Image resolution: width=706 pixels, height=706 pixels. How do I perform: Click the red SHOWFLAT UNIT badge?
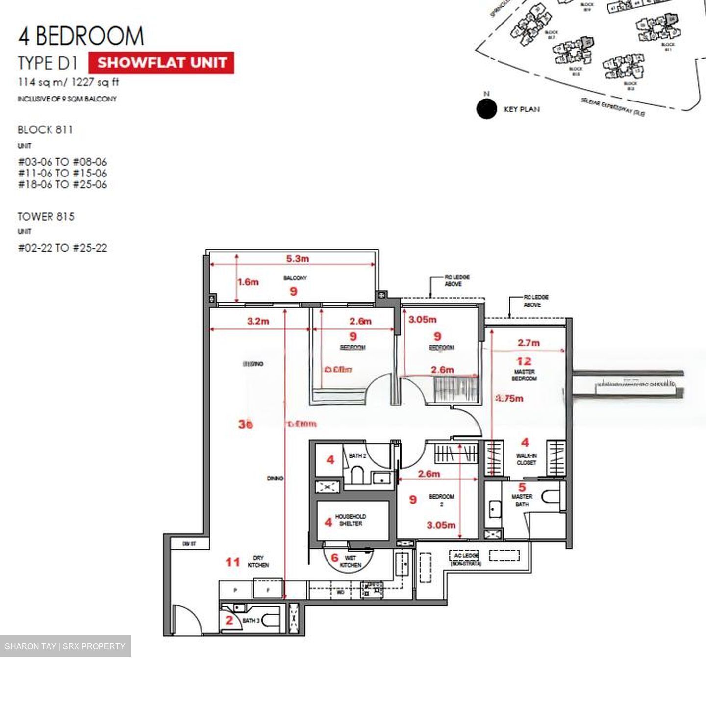161,63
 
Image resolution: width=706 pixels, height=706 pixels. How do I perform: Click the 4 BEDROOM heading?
81,36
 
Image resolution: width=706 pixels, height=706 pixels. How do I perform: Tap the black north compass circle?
486,109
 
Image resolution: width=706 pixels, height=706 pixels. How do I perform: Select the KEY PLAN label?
522,109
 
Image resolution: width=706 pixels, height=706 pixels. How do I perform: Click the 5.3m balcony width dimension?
298,258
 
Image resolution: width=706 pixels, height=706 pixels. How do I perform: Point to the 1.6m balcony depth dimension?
248,282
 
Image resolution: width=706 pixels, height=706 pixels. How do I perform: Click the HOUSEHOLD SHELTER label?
350,520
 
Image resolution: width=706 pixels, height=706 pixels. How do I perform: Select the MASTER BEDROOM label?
524,375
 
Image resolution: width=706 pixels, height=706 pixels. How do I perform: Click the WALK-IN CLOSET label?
526,459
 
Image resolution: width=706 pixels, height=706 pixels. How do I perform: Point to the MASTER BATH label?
522,500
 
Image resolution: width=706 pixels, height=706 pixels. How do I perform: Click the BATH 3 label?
251,620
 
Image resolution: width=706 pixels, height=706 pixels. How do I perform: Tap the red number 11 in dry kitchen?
232,562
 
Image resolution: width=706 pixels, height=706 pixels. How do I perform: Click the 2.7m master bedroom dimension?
529,343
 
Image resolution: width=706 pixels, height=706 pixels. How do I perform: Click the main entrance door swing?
186,620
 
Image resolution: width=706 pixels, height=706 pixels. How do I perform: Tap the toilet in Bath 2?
356,475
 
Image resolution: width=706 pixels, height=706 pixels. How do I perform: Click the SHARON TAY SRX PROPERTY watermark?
65,646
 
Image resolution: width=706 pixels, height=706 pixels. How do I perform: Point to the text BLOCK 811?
45,130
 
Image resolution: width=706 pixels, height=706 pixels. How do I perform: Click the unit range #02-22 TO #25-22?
62,248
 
